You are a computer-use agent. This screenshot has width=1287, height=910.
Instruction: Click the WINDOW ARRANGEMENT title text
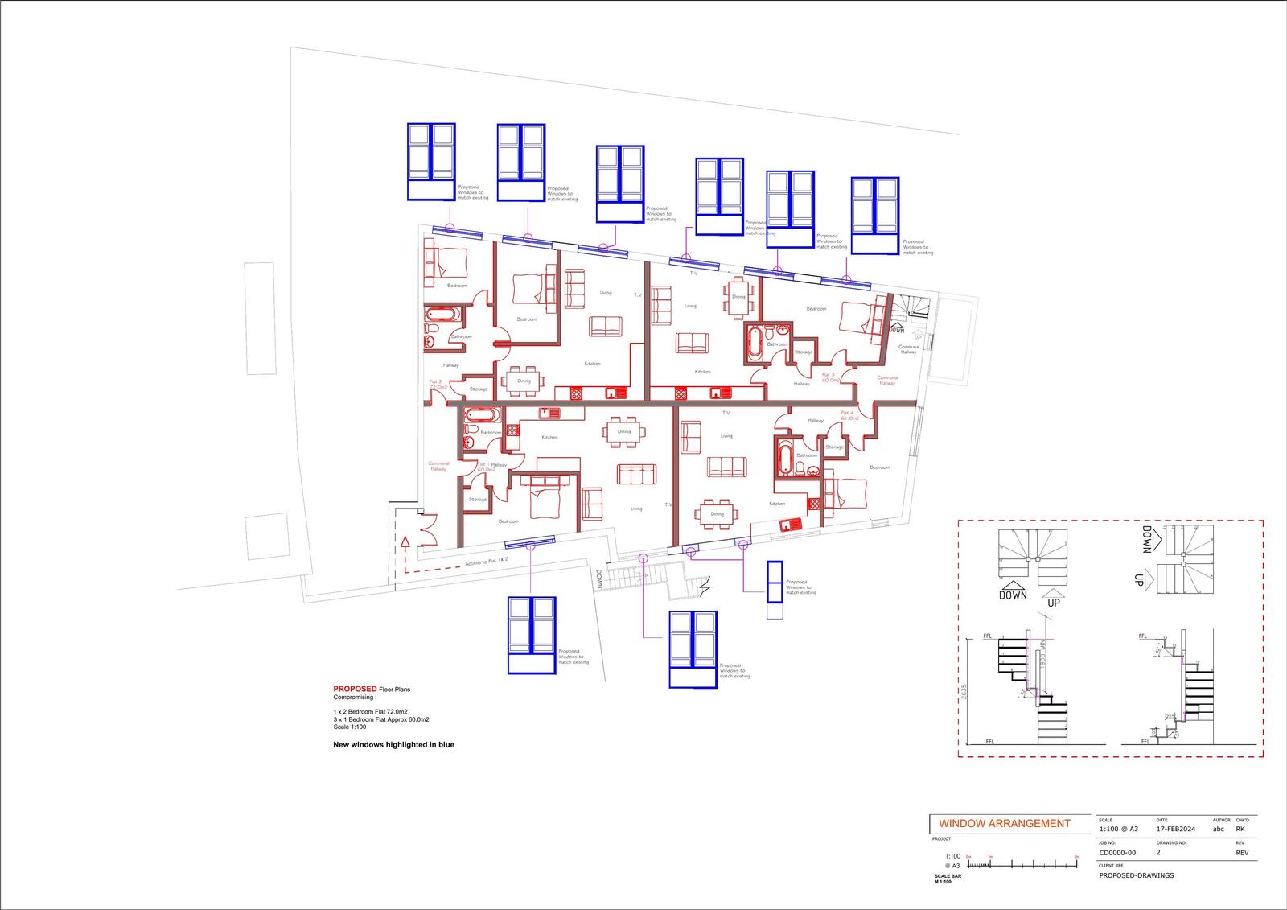(1004, 823)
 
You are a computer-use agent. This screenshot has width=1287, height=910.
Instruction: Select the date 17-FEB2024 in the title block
(1175, 829)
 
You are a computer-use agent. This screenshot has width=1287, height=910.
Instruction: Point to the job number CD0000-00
(1117, 853)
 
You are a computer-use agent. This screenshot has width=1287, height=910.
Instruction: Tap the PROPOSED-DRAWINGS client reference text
(1136, 875)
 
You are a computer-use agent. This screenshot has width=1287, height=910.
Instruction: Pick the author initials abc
(1218, 829)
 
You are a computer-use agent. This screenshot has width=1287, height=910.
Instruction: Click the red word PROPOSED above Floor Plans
(355, 689)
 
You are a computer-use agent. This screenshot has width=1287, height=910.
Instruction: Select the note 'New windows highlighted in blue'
(393, 745)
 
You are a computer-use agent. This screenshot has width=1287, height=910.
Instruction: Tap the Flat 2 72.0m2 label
(436, 384)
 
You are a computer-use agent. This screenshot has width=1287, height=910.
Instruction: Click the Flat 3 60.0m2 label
(829, 377)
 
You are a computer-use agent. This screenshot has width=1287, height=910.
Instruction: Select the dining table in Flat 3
(738, 296)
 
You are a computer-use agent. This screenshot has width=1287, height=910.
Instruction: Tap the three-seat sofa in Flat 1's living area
(636, 474)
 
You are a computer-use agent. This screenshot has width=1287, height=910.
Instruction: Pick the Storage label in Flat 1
(478, 500)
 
